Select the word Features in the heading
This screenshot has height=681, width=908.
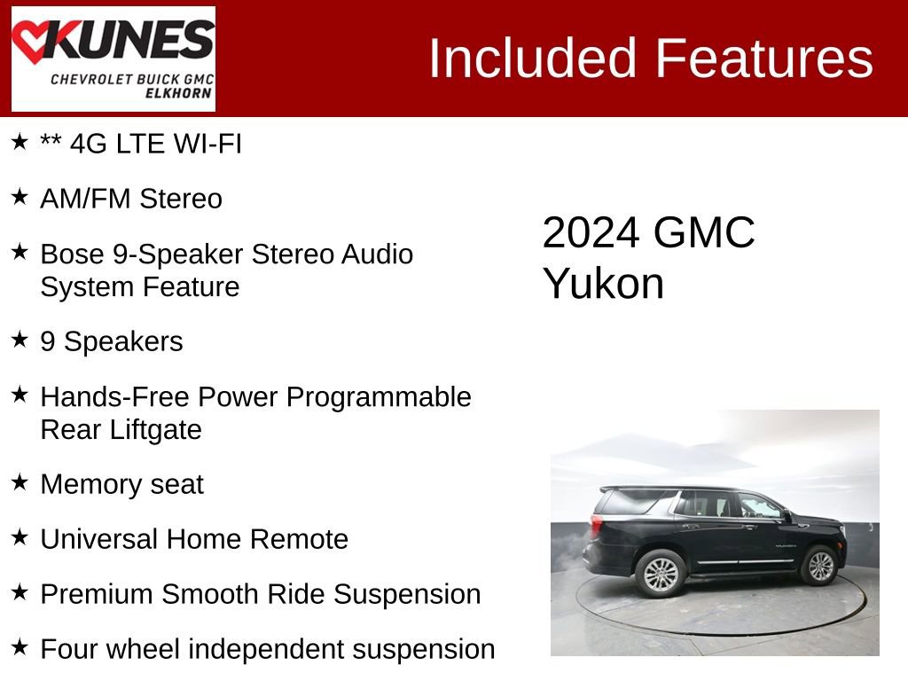click(x=764, y=59)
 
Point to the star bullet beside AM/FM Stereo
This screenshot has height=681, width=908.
click(x=20, y=197)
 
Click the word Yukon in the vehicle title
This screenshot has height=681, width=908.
click(x=603, y=284)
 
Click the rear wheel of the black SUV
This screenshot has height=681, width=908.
click(x=661, y=573)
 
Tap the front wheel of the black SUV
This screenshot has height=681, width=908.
click(x=819, y=566)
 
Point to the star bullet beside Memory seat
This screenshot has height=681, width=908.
click(x=20, y=482)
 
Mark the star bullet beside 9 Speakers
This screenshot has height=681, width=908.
click(x=20, y=340)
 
